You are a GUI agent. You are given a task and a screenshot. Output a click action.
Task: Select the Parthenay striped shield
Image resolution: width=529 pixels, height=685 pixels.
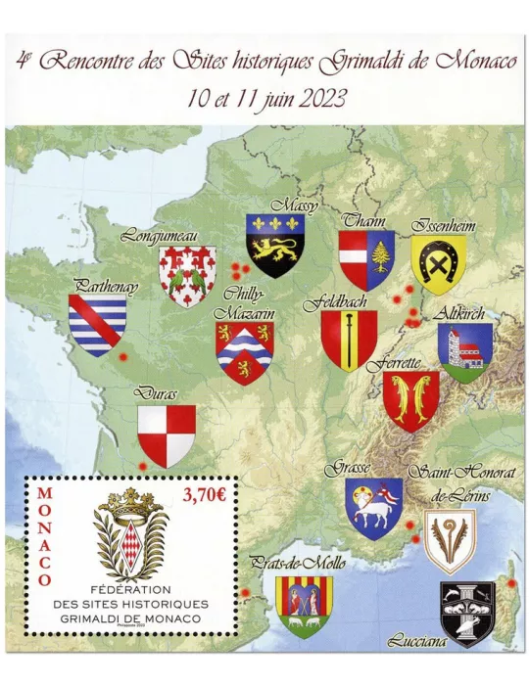(x=98, y=325)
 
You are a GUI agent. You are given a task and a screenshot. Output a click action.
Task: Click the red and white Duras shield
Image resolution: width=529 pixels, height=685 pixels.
(x=166, y=435)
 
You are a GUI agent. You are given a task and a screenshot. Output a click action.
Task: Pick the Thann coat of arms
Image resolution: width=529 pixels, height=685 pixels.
(x=366, y=260)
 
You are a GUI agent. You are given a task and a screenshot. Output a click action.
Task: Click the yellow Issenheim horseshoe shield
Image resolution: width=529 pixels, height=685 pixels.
(x=438, y=262)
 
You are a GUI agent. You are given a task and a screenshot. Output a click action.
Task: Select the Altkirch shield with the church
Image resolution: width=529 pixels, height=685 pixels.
(x=464, y=352)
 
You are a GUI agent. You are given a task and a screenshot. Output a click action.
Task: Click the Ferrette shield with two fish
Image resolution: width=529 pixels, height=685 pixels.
(x=410, y=400)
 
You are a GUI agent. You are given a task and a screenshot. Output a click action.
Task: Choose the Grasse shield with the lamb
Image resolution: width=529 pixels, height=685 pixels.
(x=373, y=507)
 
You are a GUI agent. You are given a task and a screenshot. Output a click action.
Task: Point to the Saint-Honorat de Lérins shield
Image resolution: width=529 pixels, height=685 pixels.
(x=450, y=540)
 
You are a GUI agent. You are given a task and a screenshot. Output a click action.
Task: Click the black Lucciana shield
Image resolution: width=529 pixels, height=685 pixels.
(x=467, y=613)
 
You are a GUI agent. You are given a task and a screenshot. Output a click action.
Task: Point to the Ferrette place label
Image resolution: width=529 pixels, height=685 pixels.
(x=394, y=363)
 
